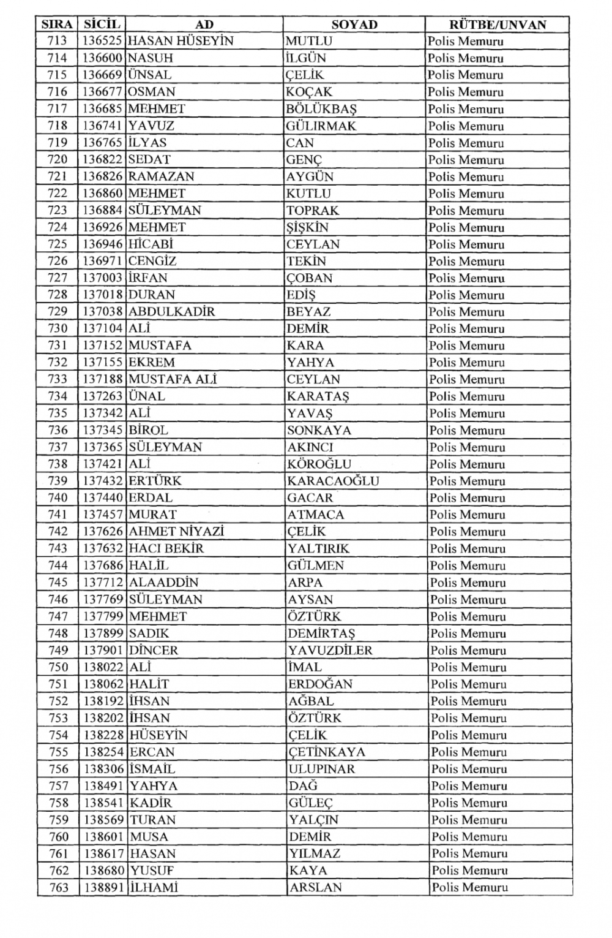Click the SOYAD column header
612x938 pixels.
354,25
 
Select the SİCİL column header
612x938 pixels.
102,25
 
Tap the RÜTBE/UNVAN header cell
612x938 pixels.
497,25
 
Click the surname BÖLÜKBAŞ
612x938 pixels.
321,109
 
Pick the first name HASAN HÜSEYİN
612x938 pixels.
181,41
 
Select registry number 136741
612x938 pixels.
103,126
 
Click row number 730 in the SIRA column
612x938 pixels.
58,328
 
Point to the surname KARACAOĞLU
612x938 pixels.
333,481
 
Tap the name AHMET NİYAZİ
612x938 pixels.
176,532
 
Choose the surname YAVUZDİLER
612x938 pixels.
330,650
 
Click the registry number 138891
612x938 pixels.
104,887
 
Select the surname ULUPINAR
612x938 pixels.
321,769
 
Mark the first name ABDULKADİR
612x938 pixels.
171,311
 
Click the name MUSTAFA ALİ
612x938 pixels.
173,379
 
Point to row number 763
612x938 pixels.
59,887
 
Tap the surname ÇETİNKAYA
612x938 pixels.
327,752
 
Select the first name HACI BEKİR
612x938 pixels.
166,548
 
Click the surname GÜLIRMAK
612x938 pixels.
321,126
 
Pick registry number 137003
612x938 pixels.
103,278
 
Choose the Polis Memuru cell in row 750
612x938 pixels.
468,667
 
